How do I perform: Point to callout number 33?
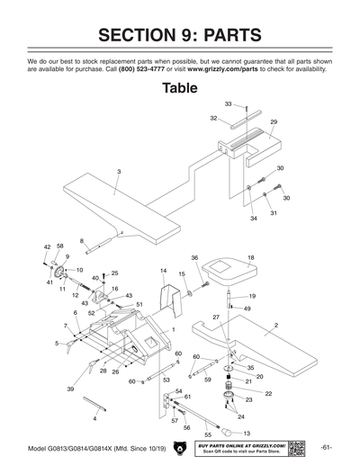pyautogui.click(x=228, y=104)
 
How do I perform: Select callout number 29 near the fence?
pyautogui.click(x=274, y=121)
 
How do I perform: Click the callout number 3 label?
pyautogui.click(x=118, y=171)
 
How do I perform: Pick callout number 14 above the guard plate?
pyautogui.click(x=163, y=271)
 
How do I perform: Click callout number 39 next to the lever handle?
pyautogui.click(x=70, y=389)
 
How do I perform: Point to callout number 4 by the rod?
pyautogui.click(x=94, y=419)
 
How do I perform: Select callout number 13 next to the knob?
pyautogui.click(x=247, y=434)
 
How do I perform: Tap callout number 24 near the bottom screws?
pyautogui.click(x=239, y=417)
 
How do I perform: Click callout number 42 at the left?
pyautogui.click(x=47, y=246)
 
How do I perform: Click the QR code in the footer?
pyautogui.click(x=300, y=448)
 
